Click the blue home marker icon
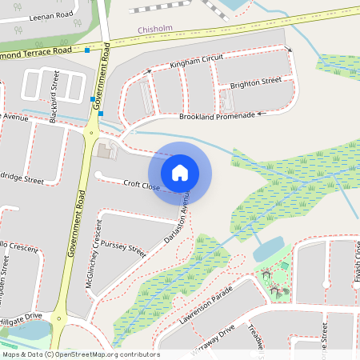click(180, 173)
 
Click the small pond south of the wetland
click(266, 250)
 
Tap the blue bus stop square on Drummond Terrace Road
click(87, 50)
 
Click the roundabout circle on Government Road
click(91, 133)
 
